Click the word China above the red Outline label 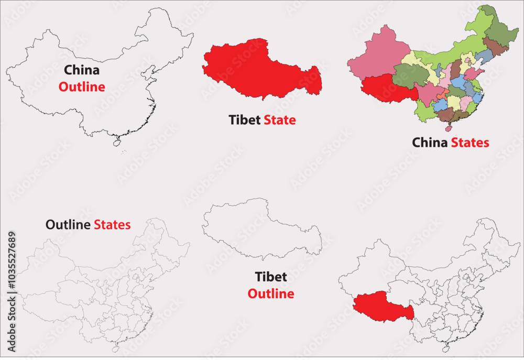click(x=82, y=70)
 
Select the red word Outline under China click(x=82, y=87)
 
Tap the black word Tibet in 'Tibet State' click(x=245, y=120)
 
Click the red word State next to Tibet click(x=279, y=120)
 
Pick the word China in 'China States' click(x=430, y=143)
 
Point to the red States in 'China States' click(x=470, y=143)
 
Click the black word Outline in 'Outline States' click(x=68, y=225)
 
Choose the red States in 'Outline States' click(x=112, y=225)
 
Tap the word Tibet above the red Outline click(x=270, y=277)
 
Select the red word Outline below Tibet click(x=270, y=294)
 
